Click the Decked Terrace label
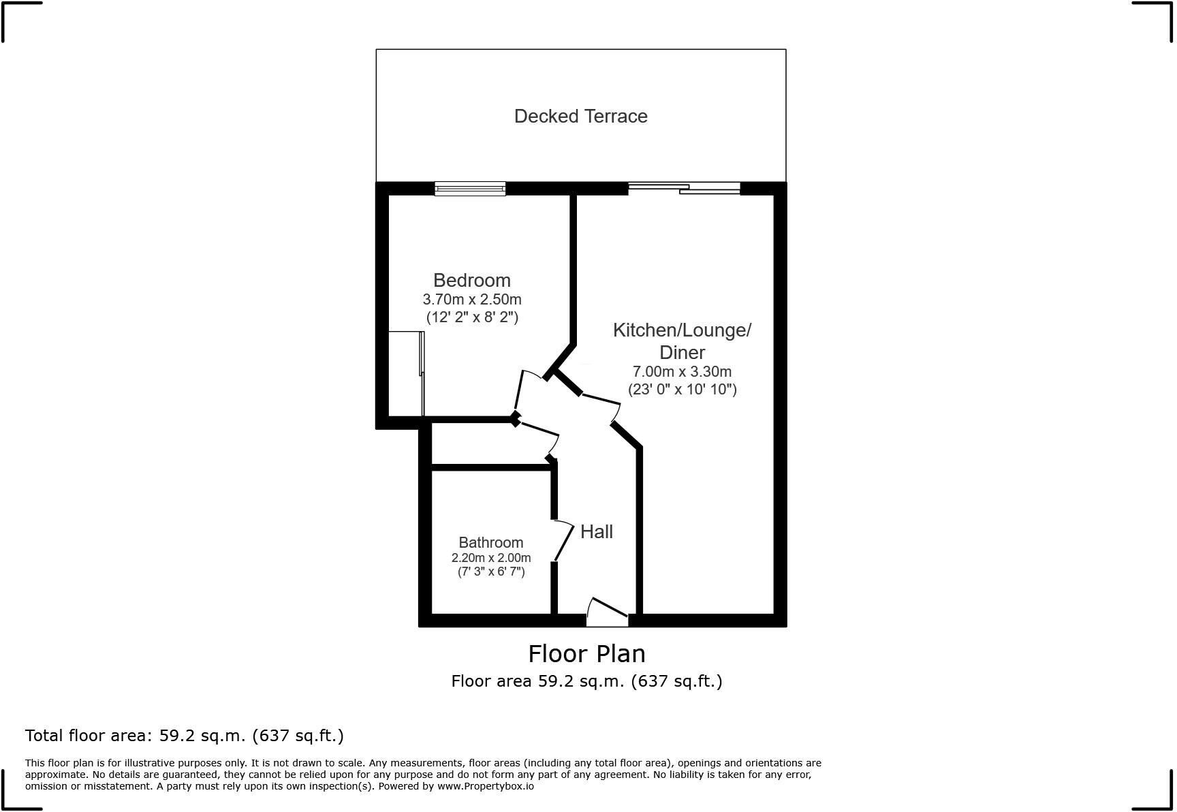click(x=580, y=116)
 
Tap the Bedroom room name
click(x=471, y=280)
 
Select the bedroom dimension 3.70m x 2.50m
click(x=471, y=299)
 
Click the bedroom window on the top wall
click(x=470, y=189)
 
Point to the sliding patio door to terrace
click(x=683, y=189)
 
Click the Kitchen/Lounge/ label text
click(x=682, y=330)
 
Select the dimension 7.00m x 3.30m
click(x=682, y=372)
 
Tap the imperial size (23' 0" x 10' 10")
click(x=682, y=390)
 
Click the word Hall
click(x=596, y=532)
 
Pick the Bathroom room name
click(x=490, y=543)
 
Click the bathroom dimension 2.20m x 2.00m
click(x=490, y=558)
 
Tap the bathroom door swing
click(x=565, y=541)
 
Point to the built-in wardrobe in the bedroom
click(x=406, y=373)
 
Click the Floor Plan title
click(x=586, y=654)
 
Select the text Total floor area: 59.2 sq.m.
click(x=184, y=736)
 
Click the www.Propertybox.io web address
click(x=485, y=786)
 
